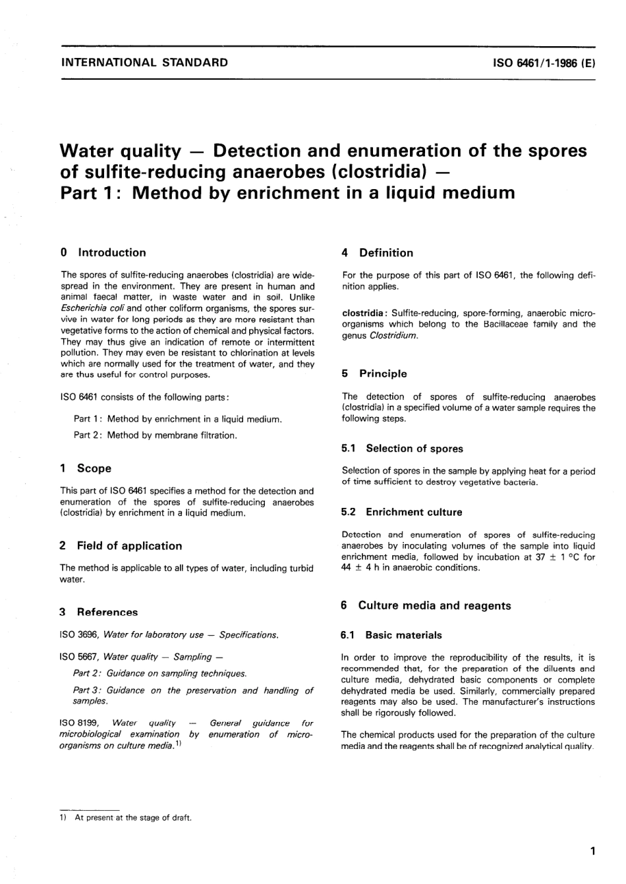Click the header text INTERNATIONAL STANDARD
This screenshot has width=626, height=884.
point(144,63)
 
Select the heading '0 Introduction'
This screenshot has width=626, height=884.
point(103,252)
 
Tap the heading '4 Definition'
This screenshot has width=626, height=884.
point(377,252)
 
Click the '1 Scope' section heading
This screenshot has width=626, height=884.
point(86,468)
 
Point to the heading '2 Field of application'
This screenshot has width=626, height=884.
point(121,545)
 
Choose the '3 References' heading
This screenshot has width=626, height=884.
point(99,612)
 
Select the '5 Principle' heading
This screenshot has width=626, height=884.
point(374,373)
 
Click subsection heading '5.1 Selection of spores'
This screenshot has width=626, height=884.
point(402,449)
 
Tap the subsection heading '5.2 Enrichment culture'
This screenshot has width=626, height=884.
point(402,512)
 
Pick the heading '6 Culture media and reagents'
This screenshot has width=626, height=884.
point(426,605)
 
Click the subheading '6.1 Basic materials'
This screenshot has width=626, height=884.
point(391,635)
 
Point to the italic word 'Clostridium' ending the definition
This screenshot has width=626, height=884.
point(393,335)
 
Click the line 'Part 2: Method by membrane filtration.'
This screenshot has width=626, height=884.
point(156,435)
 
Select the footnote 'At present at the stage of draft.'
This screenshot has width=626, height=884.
point(133,817)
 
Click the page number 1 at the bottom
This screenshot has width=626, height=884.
point(592,851)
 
